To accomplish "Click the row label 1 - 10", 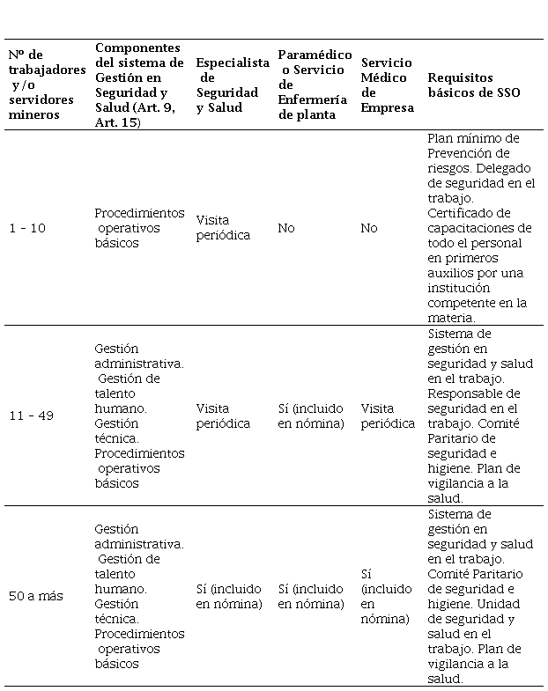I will point(26,228).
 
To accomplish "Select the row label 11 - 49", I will point(31,415).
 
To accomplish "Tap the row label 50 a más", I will point(35,596).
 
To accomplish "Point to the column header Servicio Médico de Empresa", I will point(387,85).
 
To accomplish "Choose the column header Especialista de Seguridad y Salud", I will point(233,85).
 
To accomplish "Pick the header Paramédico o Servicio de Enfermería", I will point(315,85).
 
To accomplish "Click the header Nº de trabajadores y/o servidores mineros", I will point(47,85).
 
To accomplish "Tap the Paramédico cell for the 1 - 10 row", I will point(286,228).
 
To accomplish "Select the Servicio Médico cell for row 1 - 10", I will point(369,228).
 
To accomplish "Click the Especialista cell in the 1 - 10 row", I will point(223,228).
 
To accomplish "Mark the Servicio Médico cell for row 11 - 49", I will point(388,415).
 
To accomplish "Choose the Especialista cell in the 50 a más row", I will point(229,596).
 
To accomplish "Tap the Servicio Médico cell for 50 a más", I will point(385,596).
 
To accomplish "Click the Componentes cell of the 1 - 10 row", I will point(139,228).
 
